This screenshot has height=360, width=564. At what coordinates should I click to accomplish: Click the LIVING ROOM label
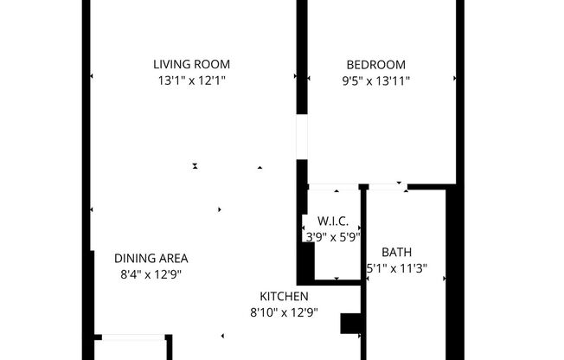[191, 64]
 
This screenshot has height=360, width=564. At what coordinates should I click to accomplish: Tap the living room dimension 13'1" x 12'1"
[191, 81]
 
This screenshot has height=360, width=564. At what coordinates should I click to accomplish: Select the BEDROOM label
[375, 64]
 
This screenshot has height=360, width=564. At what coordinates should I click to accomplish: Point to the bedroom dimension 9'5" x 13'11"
[375, 81]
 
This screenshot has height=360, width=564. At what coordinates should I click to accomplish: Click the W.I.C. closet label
[332, 222]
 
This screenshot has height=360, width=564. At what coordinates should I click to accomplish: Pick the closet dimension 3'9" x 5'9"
[332, 235]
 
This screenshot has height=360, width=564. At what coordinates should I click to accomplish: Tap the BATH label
[396, 252]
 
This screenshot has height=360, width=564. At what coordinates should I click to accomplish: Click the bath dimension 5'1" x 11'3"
[398, 268]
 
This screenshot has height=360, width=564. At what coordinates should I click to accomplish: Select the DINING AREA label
[151, 258]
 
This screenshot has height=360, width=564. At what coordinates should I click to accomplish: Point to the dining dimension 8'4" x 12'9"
[151, 274]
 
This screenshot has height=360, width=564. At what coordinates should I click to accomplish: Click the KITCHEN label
[284, 296]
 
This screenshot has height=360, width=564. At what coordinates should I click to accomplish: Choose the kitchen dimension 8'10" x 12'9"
[284, 312]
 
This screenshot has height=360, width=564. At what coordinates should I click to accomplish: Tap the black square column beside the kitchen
[350, 324]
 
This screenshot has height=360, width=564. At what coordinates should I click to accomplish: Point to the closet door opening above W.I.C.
[335, 186]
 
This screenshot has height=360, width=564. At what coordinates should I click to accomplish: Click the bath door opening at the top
[387, 185]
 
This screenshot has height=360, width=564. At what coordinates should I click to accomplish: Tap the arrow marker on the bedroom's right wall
[455, 78]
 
